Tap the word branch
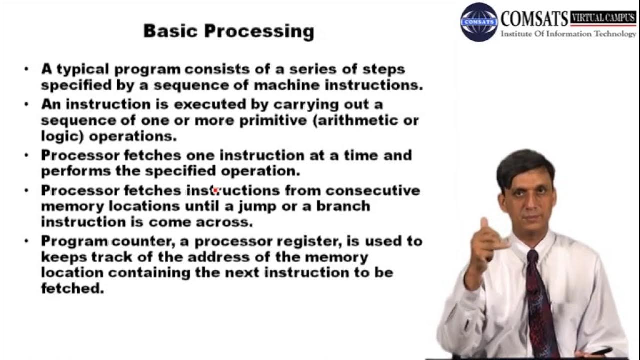(x=343, y=206)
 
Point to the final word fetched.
(x=72, y=289)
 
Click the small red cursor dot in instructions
(x=215, y=190)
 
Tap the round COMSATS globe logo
(x=479, y=22)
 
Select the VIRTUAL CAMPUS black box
(x=603, y=18)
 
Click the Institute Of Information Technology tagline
(x=568, y=34)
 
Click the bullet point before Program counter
(x=27, y=242)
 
